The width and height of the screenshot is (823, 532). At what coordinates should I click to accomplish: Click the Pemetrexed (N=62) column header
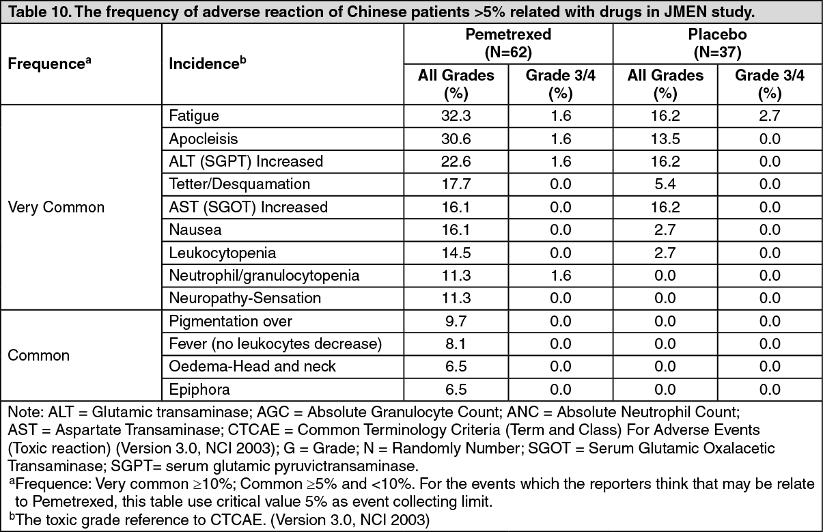(508, 43)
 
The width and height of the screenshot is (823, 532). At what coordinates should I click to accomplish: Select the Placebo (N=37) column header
(717, 43)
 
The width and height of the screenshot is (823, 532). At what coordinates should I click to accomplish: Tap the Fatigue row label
(193, 116)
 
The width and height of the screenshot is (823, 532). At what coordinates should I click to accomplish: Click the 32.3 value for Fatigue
(456, 116)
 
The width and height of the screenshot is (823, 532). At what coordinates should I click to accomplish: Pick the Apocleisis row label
(203, 139)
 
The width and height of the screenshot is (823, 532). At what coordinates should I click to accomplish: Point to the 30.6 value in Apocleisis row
(456, 139)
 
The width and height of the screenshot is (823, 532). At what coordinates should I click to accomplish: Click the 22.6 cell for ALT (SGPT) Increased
(456, 162)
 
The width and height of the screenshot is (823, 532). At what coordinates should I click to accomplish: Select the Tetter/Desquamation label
(239, 184)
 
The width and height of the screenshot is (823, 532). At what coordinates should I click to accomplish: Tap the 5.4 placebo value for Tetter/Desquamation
(665, 184)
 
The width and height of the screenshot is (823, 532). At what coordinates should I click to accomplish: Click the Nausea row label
(195, 230)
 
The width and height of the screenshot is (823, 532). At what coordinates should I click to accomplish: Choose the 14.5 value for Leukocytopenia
(456, 253)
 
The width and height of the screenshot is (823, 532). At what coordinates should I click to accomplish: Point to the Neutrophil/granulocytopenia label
(264, 275)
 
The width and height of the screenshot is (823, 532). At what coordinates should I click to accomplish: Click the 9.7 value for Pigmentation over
(456, 322)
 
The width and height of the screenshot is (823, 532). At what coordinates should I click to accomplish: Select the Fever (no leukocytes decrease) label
(275, 344)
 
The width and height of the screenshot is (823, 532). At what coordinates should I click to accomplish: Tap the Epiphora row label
(199, 389)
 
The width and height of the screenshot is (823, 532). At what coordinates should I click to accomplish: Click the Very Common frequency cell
(56, 207)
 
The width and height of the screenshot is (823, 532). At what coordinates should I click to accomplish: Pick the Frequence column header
(49, 64)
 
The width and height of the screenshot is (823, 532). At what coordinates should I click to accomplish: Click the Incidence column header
(207, 64)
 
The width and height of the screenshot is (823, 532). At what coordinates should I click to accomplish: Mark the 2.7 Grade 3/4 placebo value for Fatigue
(769, 116)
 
